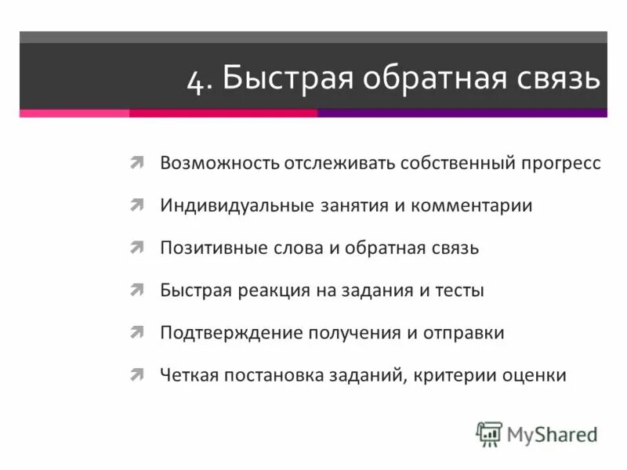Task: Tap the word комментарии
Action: (476, 205)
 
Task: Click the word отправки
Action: (465, 332)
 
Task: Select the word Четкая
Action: (188, 374)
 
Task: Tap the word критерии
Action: (462, 374)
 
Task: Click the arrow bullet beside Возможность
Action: (136, 162)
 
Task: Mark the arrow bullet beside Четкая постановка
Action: (136, 374)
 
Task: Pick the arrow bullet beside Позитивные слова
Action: (136, 247)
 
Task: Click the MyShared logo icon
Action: (489, 433)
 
